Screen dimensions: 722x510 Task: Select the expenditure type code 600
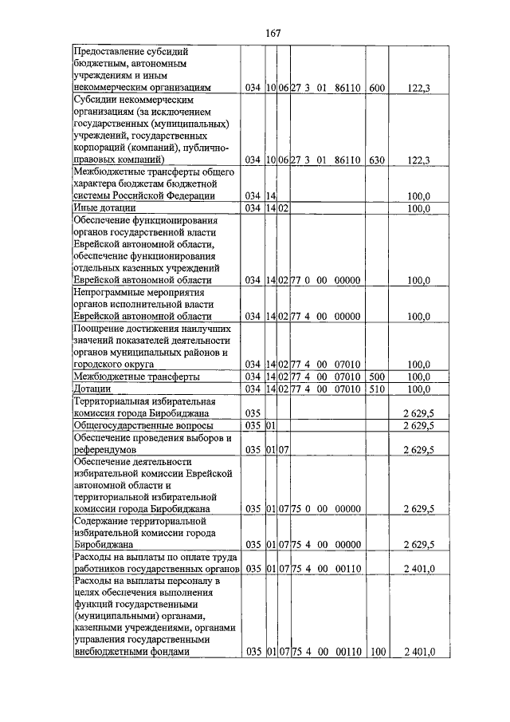(376, 88)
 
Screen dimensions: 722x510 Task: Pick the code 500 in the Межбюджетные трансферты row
(376, 376)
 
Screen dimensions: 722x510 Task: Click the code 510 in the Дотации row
(376, 389)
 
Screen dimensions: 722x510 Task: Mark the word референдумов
(110, 450)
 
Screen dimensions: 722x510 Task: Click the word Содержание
(104, 520)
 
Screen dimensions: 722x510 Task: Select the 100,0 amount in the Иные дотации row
(418, 208)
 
